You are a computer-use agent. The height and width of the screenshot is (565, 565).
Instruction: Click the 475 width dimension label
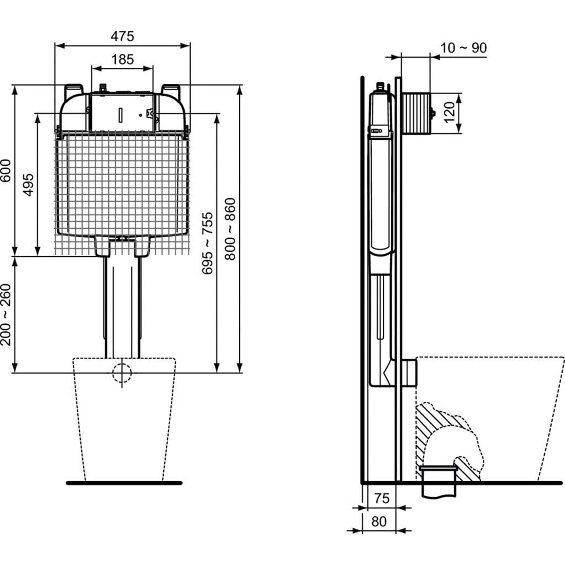[x=122, y=36]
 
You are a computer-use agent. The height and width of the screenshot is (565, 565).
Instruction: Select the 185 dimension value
[x=122, y=59]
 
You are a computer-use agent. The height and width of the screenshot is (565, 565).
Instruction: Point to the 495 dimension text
[x=28, y=185]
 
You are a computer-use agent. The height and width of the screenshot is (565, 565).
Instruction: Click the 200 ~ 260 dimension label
[x=6, y=315]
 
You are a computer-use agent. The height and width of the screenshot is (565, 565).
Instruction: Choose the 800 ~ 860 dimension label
[x=230, y=229]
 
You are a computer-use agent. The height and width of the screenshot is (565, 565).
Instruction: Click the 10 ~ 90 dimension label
[x=463, y=48]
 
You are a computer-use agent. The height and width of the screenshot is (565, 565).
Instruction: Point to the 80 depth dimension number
[x=379, y=521]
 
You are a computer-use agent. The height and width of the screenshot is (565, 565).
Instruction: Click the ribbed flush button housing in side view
[x=416, y=113]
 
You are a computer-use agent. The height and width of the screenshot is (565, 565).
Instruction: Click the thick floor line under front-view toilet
[x=124, y=483]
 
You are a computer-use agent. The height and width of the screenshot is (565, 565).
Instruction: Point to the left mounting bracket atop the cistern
[x=74, y=90]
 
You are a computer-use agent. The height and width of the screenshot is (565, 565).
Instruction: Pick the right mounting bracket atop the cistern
[x=170, y=90]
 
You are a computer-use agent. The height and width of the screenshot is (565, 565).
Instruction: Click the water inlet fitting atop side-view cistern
[x=381, y=87]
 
